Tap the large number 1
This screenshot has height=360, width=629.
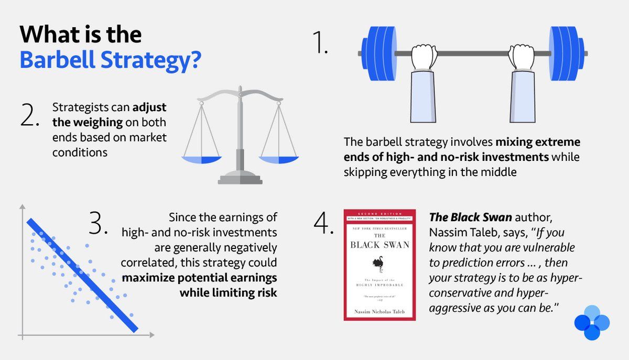[x=319, y=44]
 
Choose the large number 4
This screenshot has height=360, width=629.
[x=323, y=224]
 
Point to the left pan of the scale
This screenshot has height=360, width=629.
[x=202, y=159]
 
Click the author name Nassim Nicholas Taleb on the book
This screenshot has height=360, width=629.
[x=379, y=312]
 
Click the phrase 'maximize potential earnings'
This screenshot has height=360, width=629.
[x=200, y=277]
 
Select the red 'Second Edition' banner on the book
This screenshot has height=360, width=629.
[x=379, y=215]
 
